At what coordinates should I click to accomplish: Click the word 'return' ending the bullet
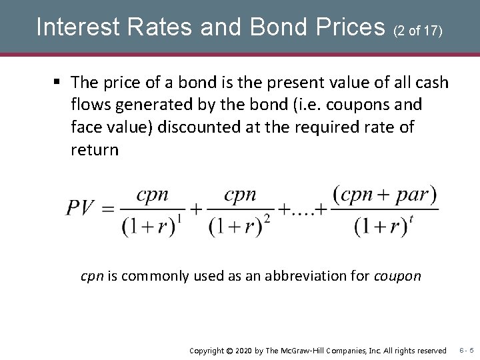tap(94, 149)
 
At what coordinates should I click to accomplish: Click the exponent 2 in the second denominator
tap(266, 218)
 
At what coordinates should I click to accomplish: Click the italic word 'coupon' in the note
tap(397, 275)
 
